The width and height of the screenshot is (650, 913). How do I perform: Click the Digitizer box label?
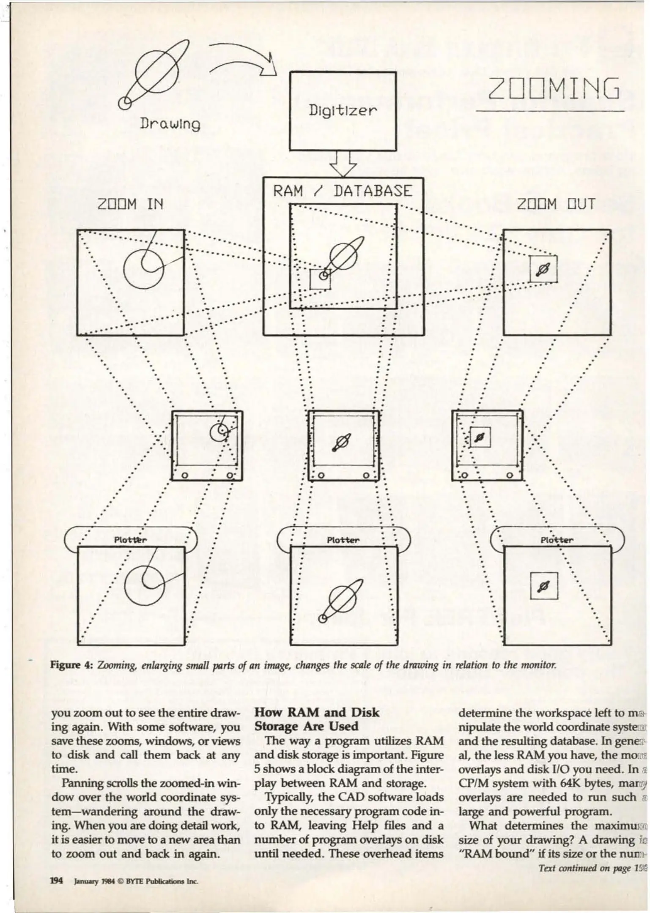[342, 110]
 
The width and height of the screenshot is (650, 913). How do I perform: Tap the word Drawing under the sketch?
[170, 124]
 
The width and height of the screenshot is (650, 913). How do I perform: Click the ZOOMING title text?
[554, 89]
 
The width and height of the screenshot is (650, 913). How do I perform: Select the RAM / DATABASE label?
[342, 191]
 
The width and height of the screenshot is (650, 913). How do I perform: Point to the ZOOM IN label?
[130, 205]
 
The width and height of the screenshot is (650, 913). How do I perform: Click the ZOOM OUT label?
[556, 205]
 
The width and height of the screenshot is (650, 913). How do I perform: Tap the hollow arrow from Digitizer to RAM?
[343, 164]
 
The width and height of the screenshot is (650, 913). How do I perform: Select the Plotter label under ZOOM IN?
[130, 540]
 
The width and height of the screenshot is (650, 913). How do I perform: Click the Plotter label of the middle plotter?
[343, 540]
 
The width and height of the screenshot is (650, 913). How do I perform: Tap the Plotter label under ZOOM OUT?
[557, 540]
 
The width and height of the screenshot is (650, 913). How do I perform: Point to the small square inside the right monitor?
[480, 437]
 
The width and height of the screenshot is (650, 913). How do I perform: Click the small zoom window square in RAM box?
[320, 279]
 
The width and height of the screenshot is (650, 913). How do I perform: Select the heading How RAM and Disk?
[317, 712]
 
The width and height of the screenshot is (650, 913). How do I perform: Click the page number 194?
[56, 881]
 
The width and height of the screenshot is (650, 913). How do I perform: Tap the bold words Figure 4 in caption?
[71, 664]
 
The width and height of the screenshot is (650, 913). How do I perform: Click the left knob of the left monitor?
[184, 476]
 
